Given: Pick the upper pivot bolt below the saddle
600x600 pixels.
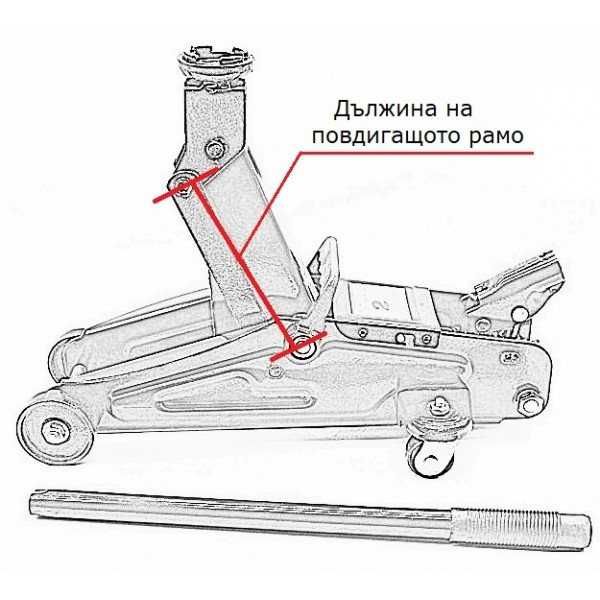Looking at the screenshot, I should point(216,150).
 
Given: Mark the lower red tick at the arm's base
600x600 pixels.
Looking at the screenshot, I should point(301,348).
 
